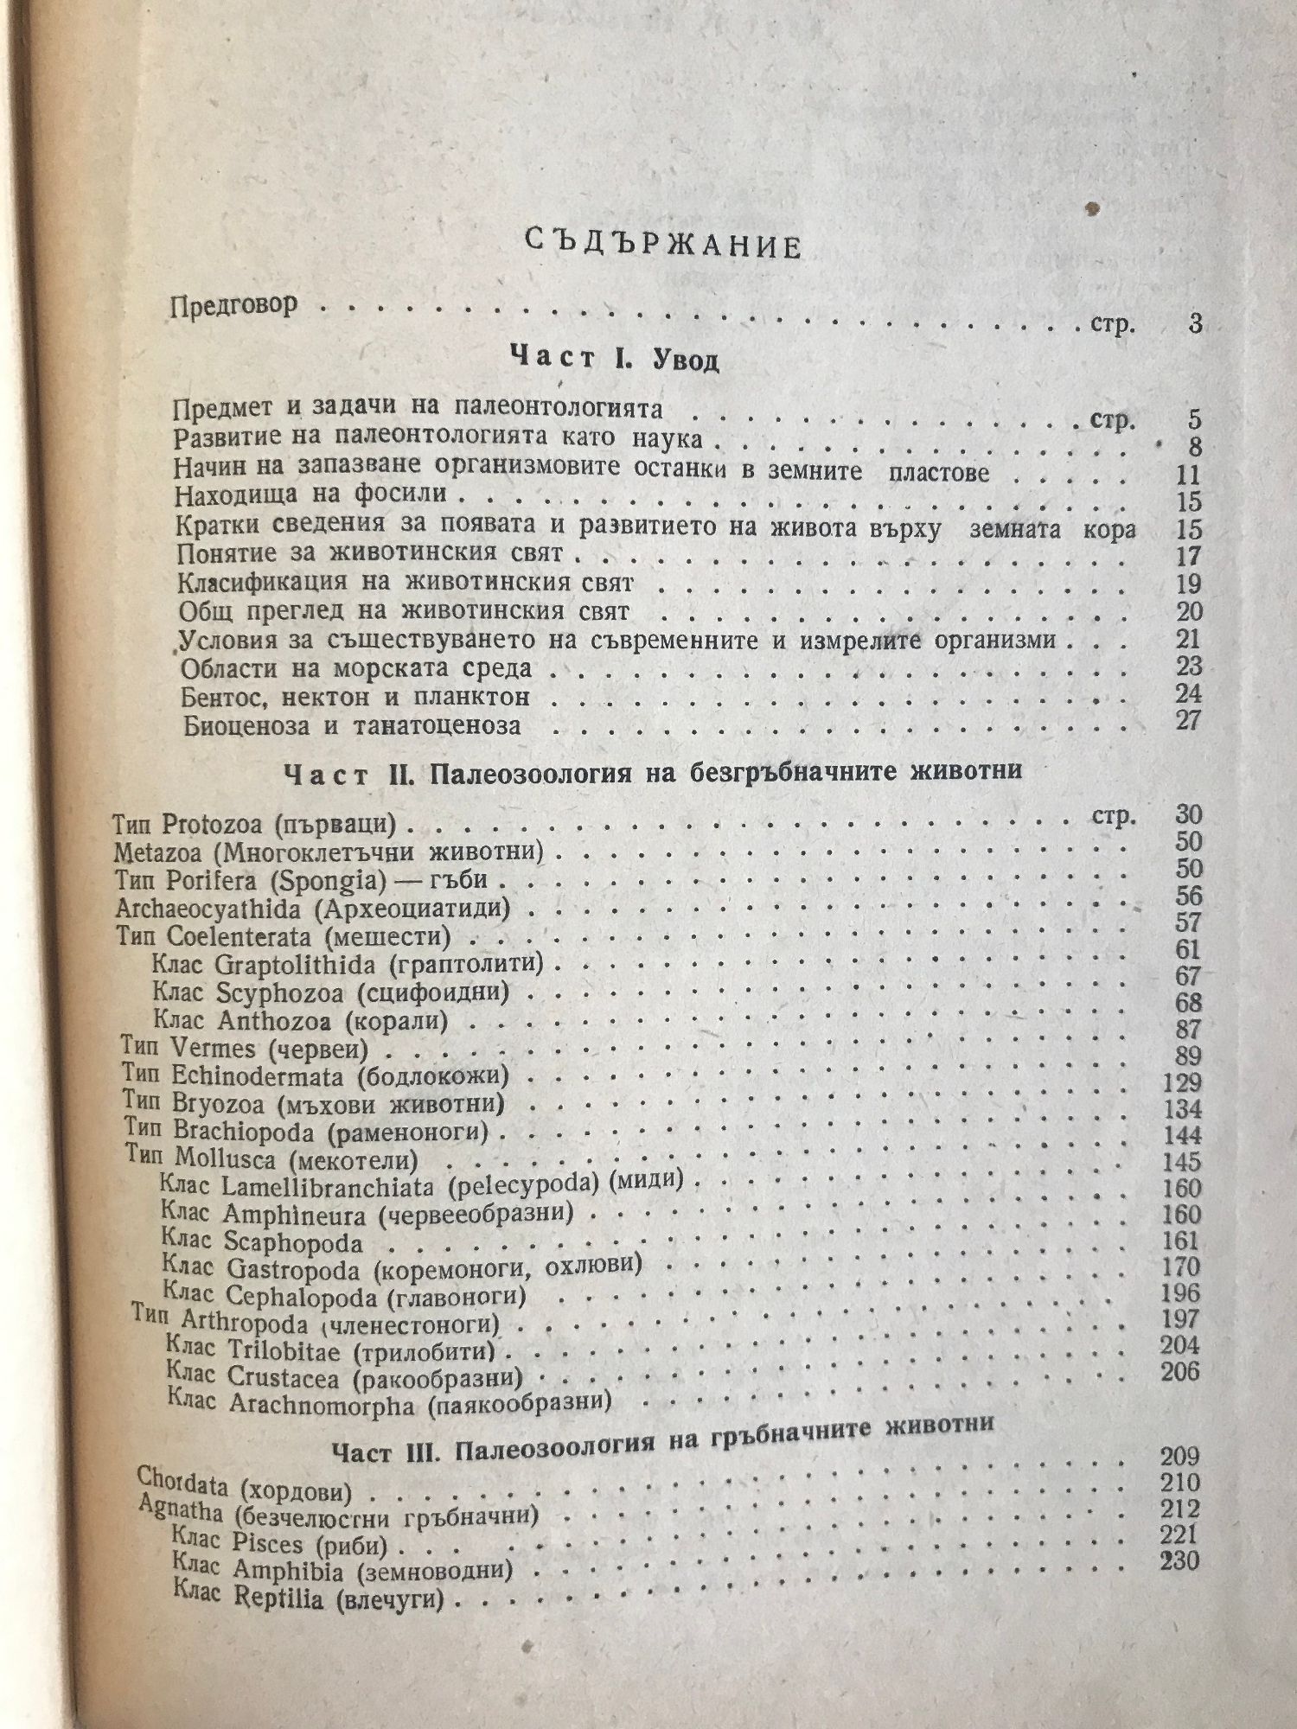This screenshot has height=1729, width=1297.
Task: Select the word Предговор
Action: click(x=234, y=306)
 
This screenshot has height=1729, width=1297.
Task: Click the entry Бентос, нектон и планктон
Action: click(x=355, y=697)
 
